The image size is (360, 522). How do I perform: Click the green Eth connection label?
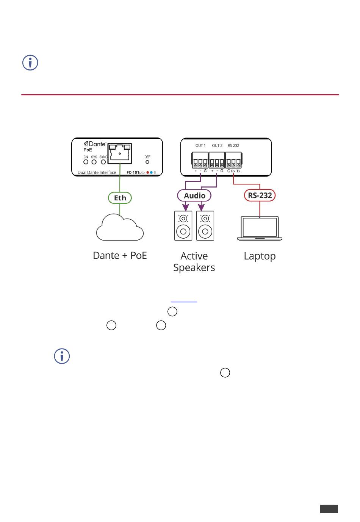[120, 198]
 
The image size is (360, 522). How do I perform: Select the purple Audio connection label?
[194, 195]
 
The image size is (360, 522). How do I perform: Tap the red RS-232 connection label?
[260, 195]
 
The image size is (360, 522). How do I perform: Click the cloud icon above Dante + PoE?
[120, 228]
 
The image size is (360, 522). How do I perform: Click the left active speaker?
[183, 226]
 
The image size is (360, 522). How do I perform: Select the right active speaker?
[205, 226]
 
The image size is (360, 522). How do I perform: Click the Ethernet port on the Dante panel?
[120, 153]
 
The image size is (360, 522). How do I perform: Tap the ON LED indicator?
[86, 162]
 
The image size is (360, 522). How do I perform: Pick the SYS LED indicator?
[94, 162]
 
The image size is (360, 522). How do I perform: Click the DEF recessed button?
[147, 162]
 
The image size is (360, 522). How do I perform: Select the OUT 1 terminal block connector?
[200, 160]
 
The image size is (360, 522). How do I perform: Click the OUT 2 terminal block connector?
[217, 160]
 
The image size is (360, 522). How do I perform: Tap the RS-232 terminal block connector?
[233, 160]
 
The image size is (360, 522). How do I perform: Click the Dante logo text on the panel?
[95, 144]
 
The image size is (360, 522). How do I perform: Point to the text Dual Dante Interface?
[97, 172]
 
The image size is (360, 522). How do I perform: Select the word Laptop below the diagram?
[260, 256]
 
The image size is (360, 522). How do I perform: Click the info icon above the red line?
[30, 63]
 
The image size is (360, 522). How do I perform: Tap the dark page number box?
[329, 509]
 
